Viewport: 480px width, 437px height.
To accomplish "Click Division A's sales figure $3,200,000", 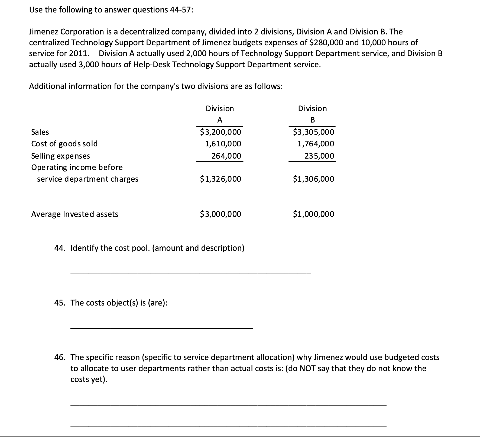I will (220, 132).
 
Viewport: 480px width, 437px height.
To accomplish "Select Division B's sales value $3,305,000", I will (313, 132).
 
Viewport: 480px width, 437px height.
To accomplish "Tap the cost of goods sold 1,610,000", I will (223, 144).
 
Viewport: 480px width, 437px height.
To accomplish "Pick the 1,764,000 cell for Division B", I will (316, 144).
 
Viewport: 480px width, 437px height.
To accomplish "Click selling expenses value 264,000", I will (226, 156).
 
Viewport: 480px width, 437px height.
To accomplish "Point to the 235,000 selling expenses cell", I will (319, 156).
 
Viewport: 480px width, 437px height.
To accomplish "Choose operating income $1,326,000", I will (220, 179).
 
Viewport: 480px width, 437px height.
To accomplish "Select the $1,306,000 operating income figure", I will (313, 179).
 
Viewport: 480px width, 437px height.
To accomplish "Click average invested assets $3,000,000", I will (220, 214).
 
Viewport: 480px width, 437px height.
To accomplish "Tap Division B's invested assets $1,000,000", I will (313, 214).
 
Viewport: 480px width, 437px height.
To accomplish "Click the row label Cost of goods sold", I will (64, 144).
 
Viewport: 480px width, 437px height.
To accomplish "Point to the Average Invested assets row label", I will (75, 214).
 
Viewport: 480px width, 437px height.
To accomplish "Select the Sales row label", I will (40, 132).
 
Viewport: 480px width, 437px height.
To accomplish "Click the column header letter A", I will (220, 120).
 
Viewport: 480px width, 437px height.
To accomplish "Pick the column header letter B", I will (312, 120).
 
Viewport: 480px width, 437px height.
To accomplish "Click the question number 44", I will (59, 248).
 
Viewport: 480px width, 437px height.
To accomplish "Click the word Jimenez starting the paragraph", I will (43, 32).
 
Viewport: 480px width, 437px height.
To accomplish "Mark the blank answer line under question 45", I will (161, 328).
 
